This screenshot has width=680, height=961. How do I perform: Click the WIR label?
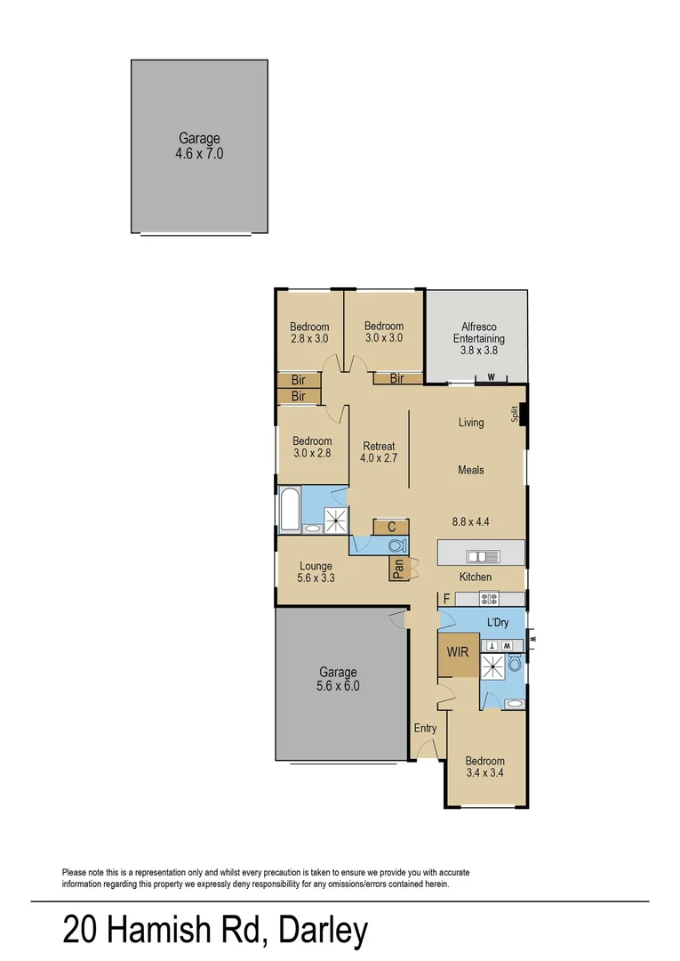pos(457,652)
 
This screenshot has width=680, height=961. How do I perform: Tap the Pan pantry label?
pos(399,568)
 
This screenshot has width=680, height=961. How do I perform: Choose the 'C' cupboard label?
pos(391,527)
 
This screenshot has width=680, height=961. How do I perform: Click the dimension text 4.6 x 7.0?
pos(199,153)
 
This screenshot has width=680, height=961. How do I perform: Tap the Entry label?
pos(425,728)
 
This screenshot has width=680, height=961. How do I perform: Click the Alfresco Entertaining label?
pos(478,338)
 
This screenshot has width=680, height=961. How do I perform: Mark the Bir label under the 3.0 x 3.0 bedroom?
pos(396,378)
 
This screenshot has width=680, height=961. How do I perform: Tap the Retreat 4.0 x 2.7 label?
pos(378,452)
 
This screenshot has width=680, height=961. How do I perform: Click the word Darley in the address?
pos(323,931)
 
